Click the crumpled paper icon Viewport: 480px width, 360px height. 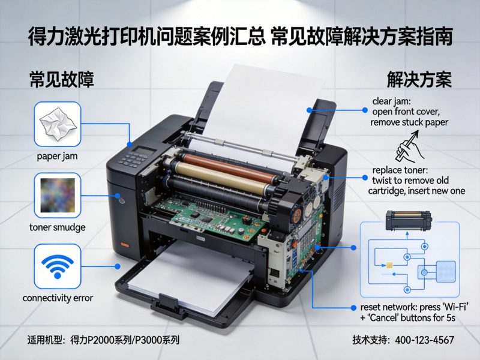(x=58, y=124)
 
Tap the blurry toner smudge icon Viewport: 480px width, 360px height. (x=58, y=195)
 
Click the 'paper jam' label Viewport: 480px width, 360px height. (x=58, y=157)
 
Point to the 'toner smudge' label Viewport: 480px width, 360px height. (x=58, y=227)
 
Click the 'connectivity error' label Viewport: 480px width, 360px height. (x=58, y=298)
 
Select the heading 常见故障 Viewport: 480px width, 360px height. (x=62, y=80)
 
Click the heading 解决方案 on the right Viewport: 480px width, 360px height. (x=419, y=80)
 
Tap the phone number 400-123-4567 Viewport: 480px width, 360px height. (x=424, y=340)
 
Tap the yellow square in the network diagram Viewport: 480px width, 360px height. (x=390, y=265)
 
